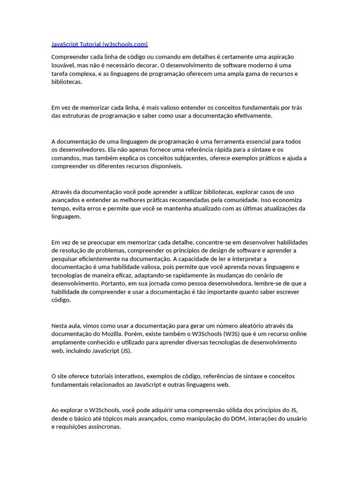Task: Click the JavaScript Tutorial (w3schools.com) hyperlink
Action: point(99,45)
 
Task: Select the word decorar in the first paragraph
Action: point(142,65)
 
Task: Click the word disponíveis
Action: point(164,166)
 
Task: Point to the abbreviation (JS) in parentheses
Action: point(126,351)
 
